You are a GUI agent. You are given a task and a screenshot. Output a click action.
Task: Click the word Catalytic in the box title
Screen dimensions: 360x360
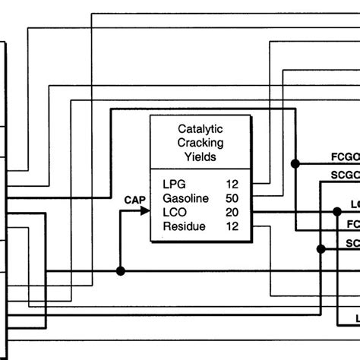pos(200,129)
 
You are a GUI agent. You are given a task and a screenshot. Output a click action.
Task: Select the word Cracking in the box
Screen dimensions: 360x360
pos(200,143)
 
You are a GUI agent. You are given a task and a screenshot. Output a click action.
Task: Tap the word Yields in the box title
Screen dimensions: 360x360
pos(200,157)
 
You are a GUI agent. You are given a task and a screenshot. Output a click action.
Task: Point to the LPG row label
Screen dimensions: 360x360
pos(174,184)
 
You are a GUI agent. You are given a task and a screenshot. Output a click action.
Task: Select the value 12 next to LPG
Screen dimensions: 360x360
pos(232,184)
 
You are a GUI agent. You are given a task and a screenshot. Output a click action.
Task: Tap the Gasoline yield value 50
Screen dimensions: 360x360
pos(232,197)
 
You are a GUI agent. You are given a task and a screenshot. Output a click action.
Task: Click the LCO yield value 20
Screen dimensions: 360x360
pos(232,211)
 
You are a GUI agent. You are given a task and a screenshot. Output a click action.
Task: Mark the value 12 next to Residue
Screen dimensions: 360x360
pos(232,226)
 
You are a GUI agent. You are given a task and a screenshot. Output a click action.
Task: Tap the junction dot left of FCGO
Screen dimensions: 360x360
pos(297,163)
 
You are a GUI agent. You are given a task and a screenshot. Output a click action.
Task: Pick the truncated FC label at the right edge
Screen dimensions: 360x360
pos(352,226)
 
